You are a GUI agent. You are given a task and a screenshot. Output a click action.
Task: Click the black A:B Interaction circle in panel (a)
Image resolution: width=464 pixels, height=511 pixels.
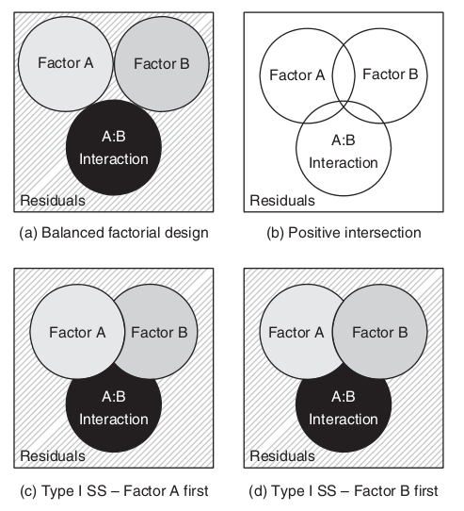(114, 148)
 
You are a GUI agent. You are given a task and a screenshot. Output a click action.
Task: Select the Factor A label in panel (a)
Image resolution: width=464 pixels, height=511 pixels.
(66, 63)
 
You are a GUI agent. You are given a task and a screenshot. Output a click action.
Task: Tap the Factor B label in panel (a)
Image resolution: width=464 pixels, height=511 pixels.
(162, 63)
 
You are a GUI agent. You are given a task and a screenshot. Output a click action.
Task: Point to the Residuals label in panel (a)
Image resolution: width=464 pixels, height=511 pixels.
(53, 201)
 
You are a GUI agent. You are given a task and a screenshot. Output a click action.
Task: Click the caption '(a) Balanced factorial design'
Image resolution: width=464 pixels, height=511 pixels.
(114, 233)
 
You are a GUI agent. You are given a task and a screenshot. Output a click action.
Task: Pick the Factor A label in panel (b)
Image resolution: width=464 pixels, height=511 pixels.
(297, 75)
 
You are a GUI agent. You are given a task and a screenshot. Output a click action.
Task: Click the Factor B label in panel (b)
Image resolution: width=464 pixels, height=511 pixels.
(391, 74)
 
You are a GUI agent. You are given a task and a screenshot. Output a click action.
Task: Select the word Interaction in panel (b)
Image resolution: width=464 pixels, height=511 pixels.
(344, 162)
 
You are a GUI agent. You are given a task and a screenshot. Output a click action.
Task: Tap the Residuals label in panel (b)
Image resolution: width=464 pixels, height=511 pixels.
(282, 201)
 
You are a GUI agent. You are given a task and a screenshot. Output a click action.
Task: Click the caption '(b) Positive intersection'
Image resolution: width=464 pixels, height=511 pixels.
(344, 233)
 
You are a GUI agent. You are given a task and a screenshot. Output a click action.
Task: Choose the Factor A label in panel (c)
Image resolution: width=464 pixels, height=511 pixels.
(77, 333)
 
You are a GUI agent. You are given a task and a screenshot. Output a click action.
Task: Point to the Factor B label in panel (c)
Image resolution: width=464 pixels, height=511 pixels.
(159, 333)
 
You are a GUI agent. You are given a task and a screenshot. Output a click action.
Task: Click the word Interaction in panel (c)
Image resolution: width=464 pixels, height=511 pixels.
(114, 420)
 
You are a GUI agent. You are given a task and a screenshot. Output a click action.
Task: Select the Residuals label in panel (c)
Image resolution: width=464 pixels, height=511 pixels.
(53, 456)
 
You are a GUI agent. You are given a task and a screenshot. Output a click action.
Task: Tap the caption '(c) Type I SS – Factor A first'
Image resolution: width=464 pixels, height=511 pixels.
(114, 491)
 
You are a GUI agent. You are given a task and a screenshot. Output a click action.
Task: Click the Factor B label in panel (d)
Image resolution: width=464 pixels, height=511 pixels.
(380, 333)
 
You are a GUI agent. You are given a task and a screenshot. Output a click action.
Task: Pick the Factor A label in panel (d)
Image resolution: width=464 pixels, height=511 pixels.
(296, 333)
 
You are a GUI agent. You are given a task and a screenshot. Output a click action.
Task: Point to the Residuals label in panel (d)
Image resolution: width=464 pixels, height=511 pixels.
(282, 456)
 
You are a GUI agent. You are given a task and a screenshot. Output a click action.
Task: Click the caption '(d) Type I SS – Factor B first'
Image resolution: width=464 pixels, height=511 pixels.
(344, 491)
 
